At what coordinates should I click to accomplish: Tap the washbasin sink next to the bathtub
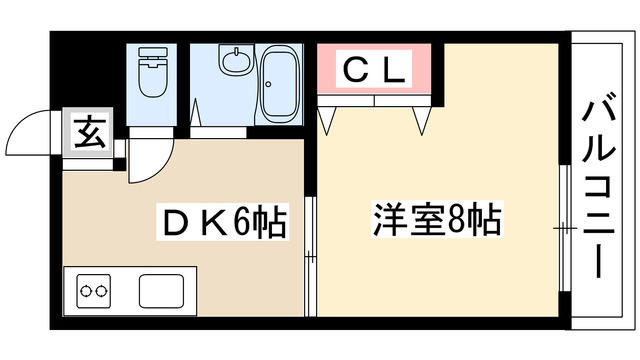(235, 64)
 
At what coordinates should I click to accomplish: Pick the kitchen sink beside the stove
(159, 291)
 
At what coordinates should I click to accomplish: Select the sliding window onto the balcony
(563, 230)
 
